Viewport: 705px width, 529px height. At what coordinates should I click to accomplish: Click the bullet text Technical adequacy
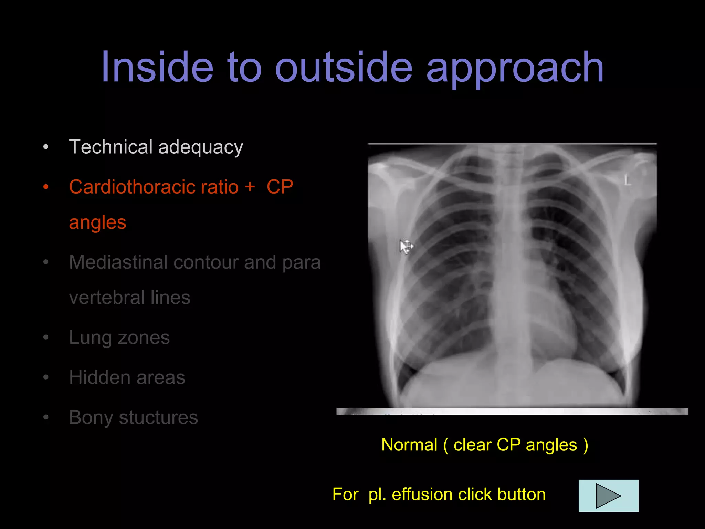pos(156,147)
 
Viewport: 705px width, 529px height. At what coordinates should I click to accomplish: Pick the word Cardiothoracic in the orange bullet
pos(154,187)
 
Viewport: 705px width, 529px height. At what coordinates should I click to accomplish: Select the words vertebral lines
pos(129,298)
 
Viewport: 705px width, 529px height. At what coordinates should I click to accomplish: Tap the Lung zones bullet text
pos(119,338)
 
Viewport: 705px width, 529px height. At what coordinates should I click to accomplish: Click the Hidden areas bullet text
pos(127,377)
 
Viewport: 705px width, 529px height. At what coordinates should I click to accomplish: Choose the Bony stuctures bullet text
pos(133,418)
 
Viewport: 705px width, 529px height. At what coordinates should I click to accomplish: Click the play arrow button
pos(608,496)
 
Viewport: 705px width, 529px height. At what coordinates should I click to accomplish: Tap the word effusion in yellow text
pos(422,495)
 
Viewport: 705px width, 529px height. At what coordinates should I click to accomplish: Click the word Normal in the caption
pos(409,445)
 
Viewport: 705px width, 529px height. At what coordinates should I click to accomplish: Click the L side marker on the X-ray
pos(628,180)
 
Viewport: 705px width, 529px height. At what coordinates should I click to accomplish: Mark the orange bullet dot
pos(46,187)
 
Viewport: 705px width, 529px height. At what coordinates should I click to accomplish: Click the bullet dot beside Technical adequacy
pos(46,147)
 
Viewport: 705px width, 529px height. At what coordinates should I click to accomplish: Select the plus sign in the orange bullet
pos(250,187)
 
